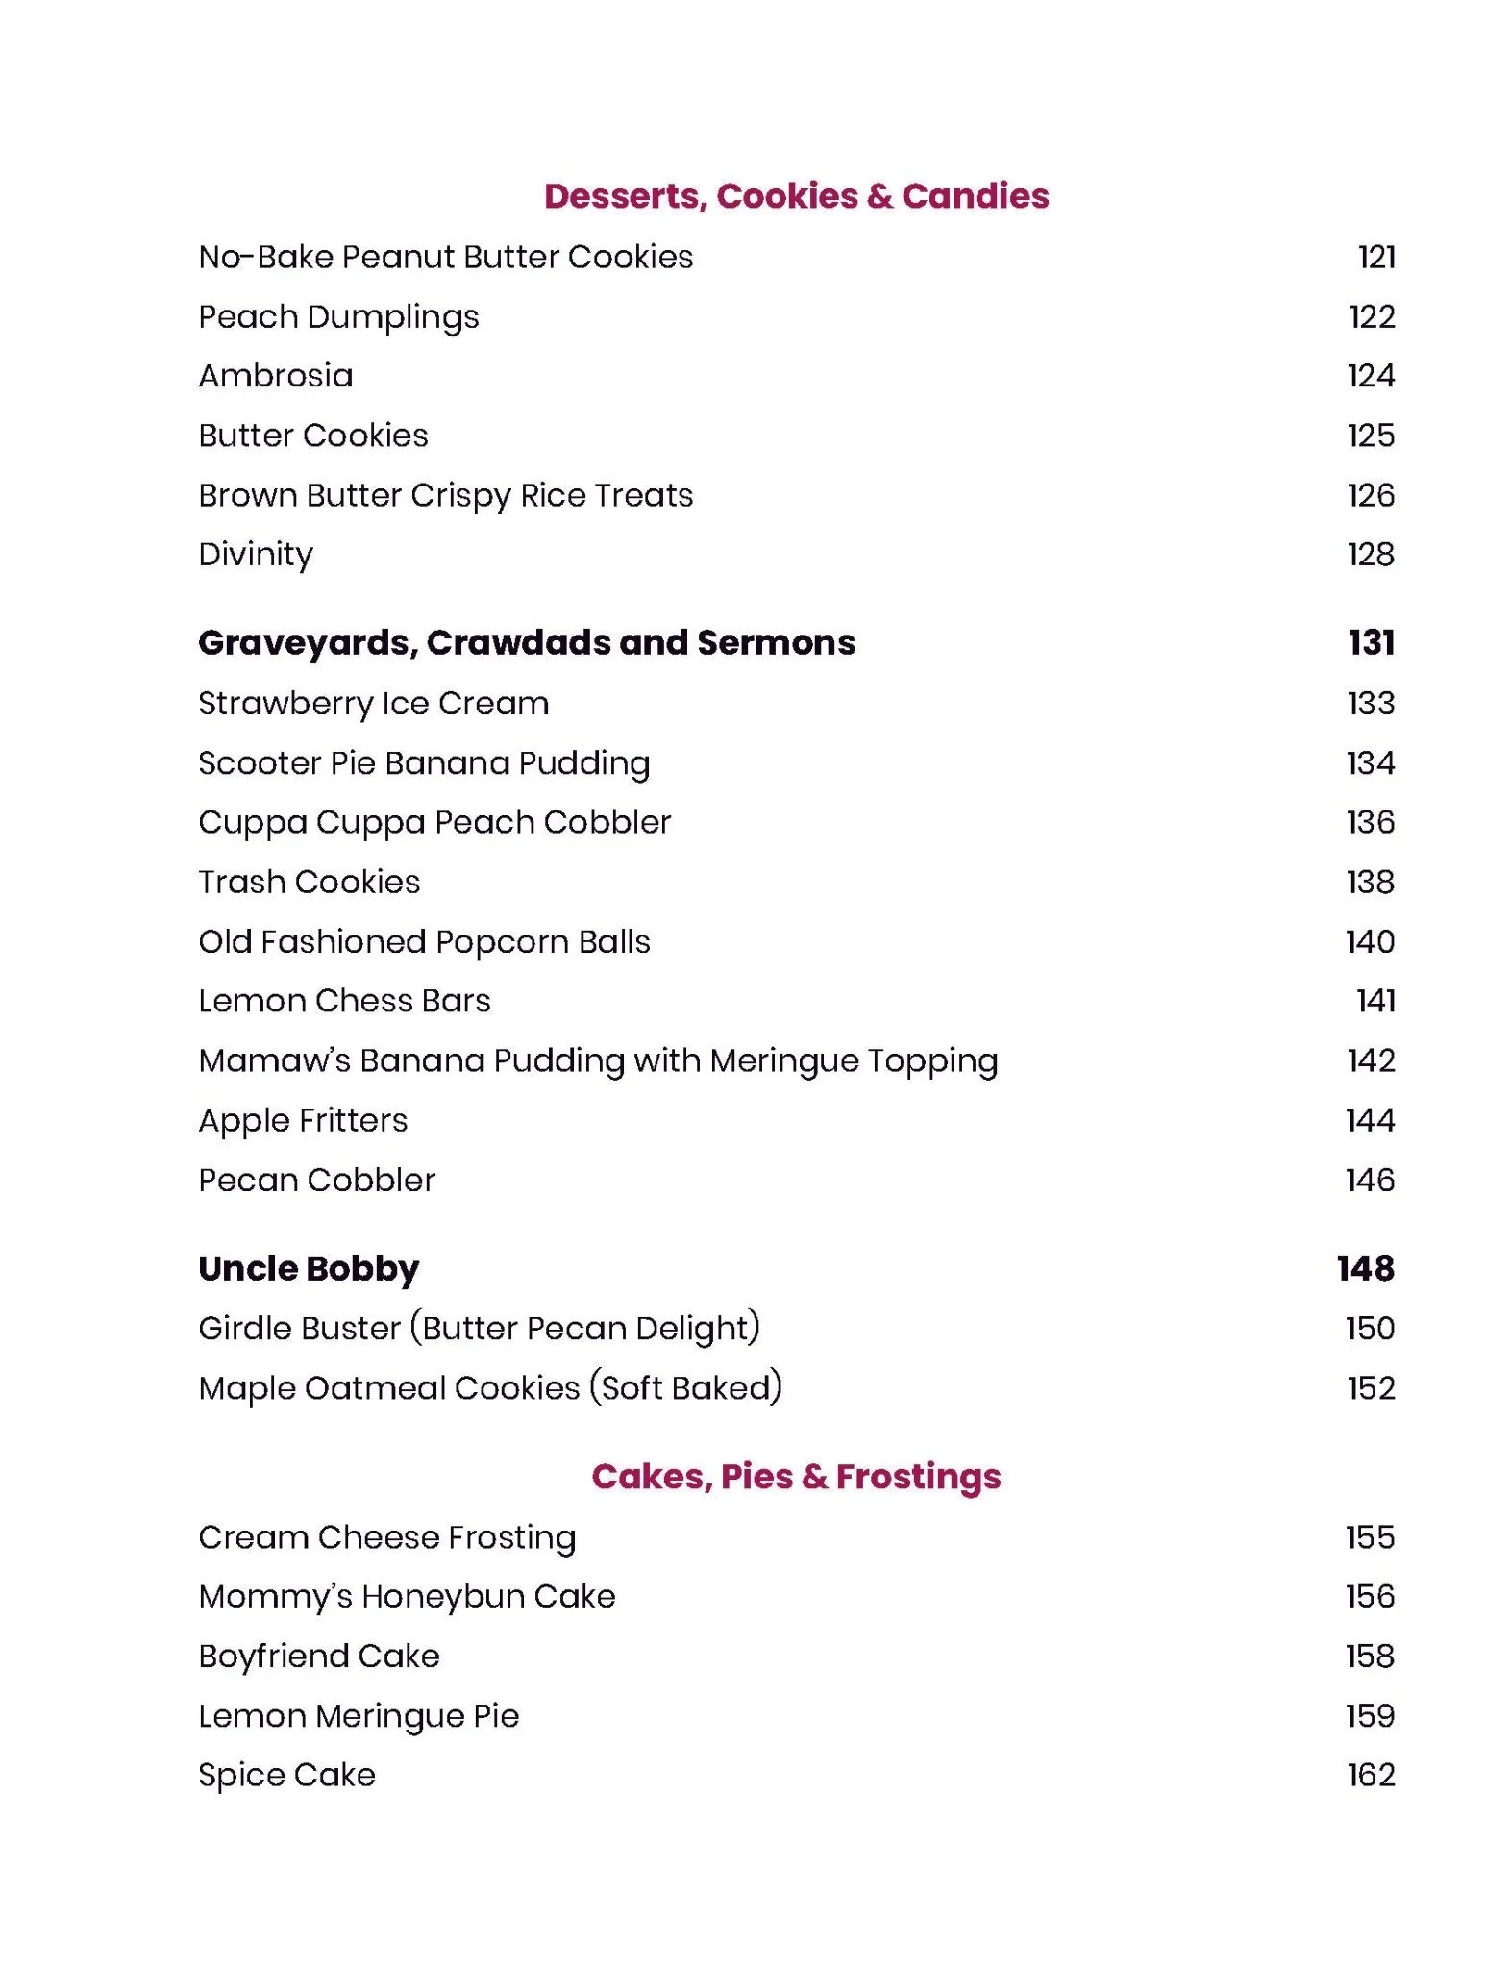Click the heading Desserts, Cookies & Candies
[x=796, y=196]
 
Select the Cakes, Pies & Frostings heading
[x=796, y=1476]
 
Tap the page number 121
[x=1375, y=258]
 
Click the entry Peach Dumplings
[x=338, y=317]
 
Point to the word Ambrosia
[x=276, y=376]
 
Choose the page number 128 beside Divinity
[x=1370, y=555]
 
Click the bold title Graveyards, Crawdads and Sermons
[x=527, y=642]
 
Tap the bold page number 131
[x=1371, y=642]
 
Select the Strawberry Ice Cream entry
[x=374, y=704]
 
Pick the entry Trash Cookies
[x=310, y=883]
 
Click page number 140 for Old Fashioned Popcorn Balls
[x=1370, y=942]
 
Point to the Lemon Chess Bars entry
[x=344, y=1002]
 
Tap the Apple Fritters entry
[x=303, y=1121]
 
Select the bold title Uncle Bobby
[x=309, y=1269]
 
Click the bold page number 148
[x=1365, y=1269]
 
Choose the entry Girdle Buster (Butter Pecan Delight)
[x=479, y=1329]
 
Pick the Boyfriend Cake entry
[x=319, y=1657]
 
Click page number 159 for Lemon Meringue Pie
[x=1370, y=1716]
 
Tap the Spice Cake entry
[x=286, y=1776]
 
